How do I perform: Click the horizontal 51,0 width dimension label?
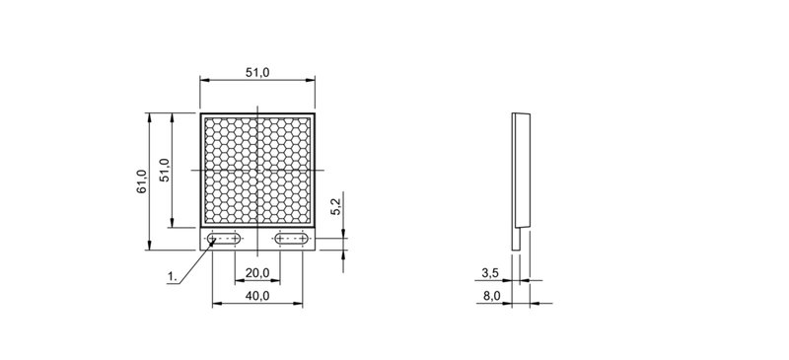click(257, 73)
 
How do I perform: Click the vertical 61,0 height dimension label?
click(141, 181)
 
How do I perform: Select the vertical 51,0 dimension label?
click(165, 171)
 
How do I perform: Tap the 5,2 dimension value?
click(336, 206)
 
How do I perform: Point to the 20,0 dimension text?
click(257, 273)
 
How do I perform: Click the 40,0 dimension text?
click(257, 296)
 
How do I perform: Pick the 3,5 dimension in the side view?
click(489, 273)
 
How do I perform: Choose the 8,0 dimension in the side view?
click(491, 296)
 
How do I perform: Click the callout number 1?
click(173, 276)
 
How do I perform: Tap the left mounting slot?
click(224, 239)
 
